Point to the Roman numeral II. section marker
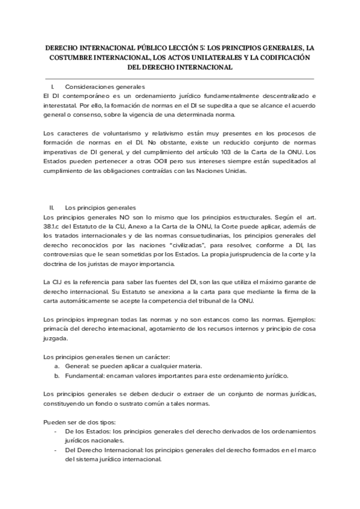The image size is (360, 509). (52, 208)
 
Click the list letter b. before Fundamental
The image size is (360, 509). (57, 376)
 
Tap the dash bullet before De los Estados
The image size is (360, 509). (56, 432)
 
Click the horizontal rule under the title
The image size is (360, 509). (180, 78)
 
